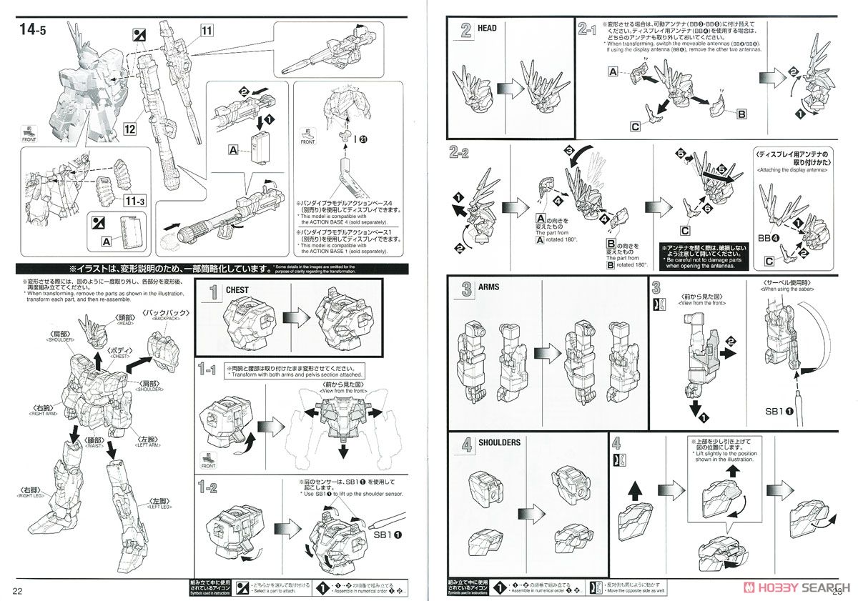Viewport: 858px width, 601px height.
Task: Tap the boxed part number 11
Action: (207, 30)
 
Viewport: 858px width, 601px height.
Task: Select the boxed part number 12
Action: (129, 129)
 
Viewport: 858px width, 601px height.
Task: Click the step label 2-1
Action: (586, 29)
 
